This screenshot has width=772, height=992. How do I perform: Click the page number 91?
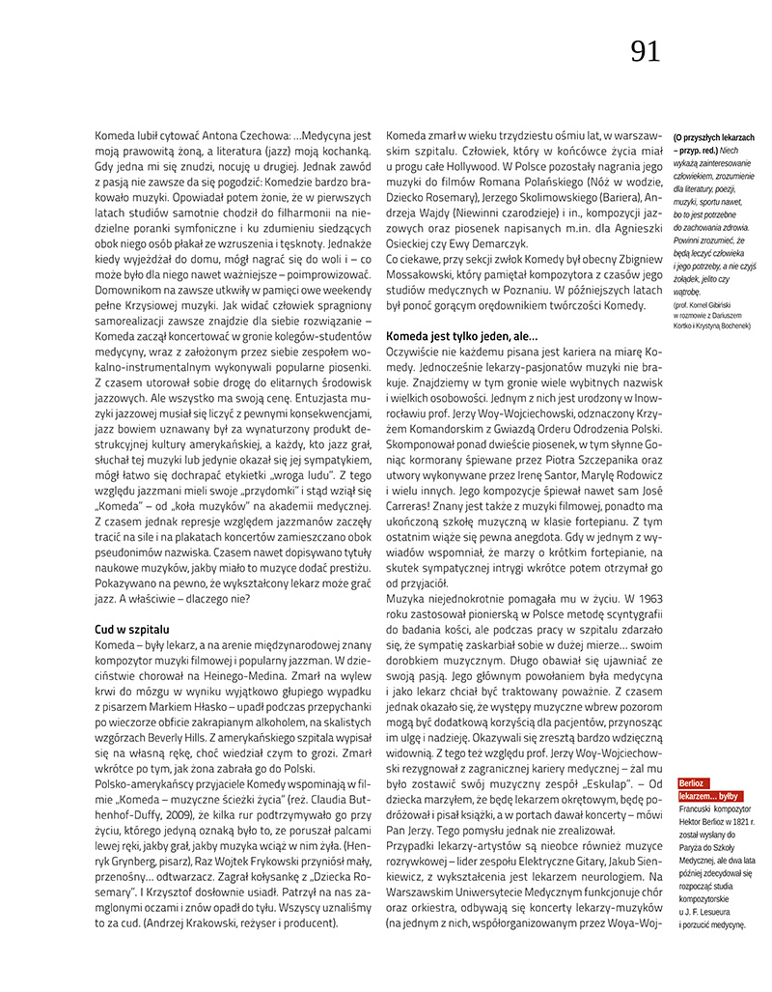point(646,51)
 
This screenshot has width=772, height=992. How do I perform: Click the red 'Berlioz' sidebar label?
point(695,782)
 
